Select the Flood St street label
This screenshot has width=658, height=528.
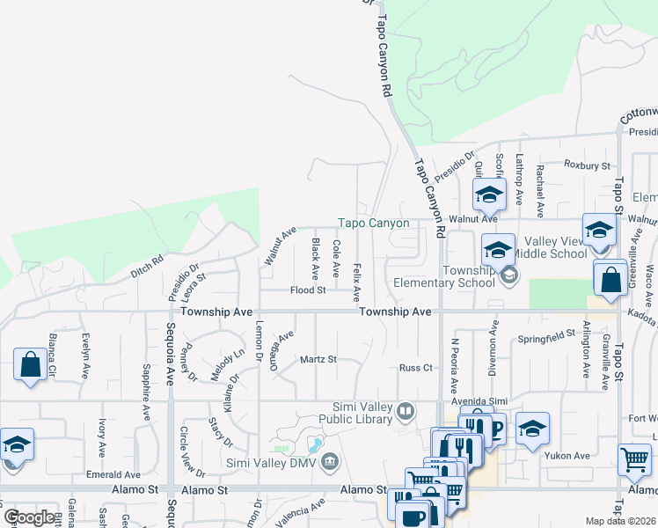point(309,290)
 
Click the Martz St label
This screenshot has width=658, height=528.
point(318,359)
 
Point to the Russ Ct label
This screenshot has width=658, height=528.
point(415,368)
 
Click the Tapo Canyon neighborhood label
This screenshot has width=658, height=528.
point(375,224)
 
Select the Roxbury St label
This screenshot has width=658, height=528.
point(587,165)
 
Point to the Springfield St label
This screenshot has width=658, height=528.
point(545,338)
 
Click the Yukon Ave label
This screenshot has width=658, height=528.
point(569,456)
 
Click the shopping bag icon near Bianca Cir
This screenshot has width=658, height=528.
point(30,364)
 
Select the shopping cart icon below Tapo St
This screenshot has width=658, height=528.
point(634,458)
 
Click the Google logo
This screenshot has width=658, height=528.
point(28,517)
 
